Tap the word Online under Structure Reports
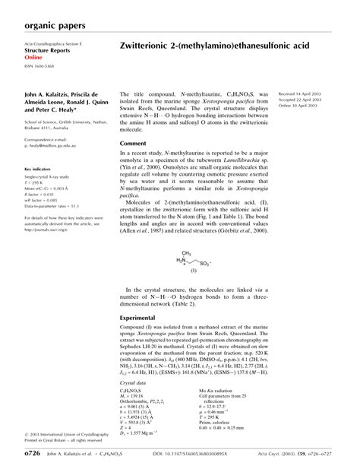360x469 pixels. [33, 58]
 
